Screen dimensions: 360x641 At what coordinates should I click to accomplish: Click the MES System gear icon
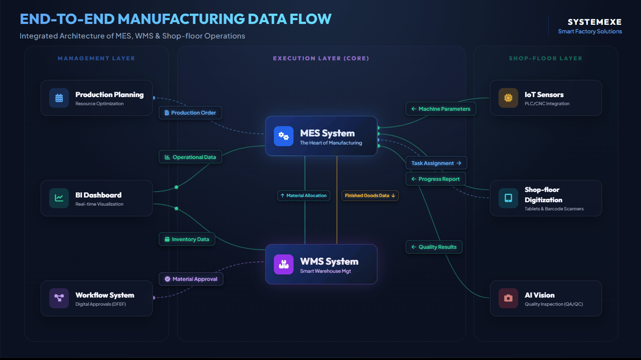[283, 136]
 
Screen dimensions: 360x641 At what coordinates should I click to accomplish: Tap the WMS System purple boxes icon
[283, 264]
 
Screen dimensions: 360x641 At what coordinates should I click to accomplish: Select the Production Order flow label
[190, 113]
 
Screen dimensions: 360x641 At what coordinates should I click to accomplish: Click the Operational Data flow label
[190, 157]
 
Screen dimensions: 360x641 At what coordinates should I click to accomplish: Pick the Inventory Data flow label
[187, 240]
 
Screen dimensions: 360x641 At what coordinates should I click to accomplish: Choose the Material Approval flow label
[191, 279]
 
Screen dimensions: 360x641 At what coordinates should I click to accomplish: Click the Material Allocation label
[303, 196]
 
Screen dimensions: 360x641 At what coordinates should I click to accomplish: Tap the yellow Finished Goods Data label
[370, 196]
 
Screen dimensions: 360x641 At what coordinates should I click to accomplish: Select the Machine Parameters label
[441, 109]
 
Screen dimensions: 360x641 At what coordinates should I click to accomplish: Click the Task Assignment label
[436, 163]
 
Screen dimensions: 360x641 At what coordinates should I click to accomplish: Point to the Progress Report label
[435, 179]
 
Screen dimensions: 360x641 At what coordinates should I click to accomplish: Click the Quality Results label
[434, 247]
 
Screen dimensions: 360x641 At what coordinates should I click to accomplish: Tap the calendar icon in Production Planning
[59, 98]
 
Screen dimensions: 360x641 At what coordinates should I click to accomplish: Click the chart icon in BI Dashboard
[59, 198]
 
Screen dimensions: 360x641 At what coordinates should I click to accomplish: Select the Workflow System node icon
[59, 298]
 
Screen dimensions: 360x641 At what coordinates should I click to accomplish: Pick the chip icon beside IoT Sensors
[508, 98]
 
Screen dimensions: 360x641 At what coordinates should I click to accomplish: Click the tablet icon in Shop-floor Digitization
[508, 198]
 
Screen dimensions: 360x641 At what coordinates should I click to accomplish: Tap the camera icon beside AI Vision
[508, 298]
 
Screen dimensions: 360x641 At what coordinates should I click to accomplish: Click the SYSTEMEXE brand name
[594, 22]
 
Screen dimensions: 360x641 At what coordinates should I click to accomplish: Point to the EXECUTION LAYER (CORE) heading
[321, 59]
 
